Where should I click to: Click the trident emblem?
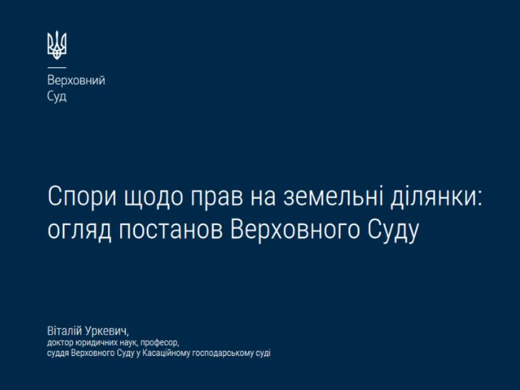[56, 45]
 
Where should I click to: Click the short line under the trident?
[56, 68]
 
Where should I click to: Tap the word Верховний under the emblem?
[76, 80]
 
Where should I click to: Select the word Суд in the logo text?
[56, 96]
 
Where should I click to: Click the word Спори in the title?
[82, 197]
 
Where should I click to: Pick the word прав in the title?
[216, 198]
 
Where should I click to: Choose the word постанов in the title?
[171, 229]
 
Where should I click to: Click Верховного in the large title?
[295, 229]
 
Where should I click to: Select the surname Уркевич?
[106, 331]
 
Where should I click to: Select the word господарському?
[223, 353]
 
